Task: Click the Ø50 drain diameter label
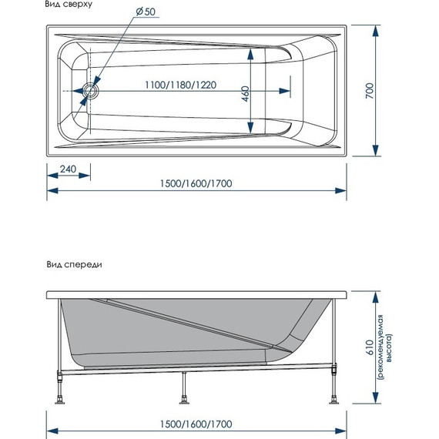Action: [x=146, y=12]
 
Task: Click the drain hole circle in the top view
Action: [x=90, y=90]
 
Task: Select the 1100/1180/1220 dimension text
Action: [x=180, y=85]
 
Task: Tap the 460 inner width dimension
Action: [x=245, y=94]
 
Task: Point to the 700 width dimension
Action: [x=370, y=90]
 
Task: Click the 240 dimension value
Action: [x=68, y=169]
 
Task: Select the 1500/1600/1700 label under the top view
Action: [x=196, y=183]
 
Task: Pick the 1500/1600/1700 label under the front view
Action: [x=196, y=424]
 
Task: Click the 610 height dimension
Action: [x=370, y=347]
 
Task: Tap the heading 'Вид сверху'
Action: [x=69, y=4]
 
